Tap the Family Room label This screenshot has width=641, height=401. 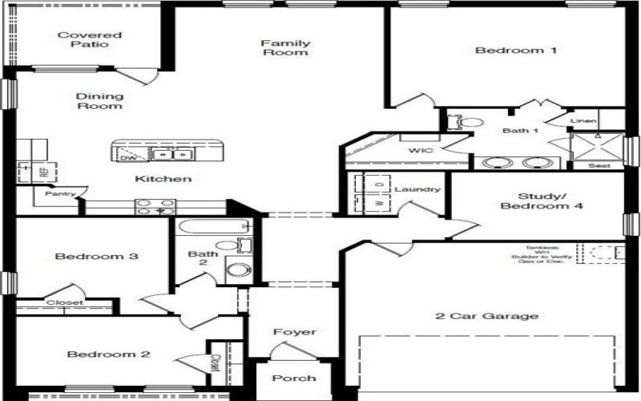pos(285,47)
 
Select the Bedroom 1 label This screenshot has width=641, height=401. pos(505,51)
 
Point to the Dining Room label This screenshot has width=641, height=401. pos(99,100)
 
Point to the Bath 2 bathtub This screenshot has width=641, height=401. pos(210,228)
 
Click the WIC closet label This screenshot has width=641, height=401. pos(420,150)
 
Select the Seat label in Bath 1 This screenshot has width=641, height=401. pos(598,166)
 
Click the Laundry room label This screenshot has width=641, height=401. pos(417,189)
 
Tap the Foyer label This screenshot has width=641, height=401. pos(294,331)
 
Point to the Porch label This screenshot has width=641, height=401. pos(293,378)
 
